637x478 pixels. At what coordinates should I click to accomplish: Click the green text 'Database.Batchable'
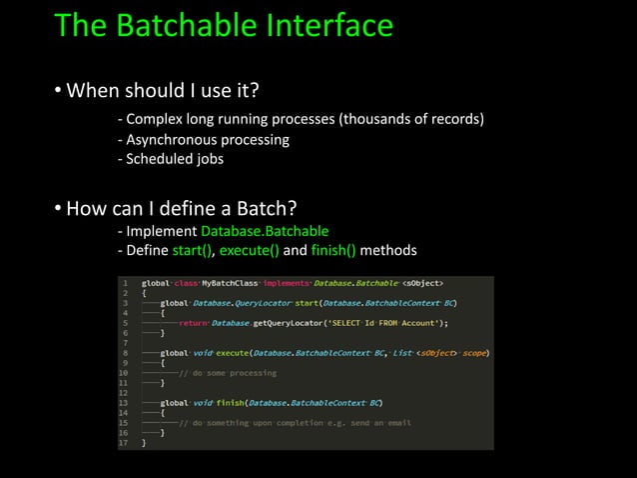pyautogui.click(x=265, y=231)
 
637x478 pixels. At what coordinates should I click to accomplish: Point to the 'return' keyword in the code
pyautogui.click(x=195, y=323)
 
